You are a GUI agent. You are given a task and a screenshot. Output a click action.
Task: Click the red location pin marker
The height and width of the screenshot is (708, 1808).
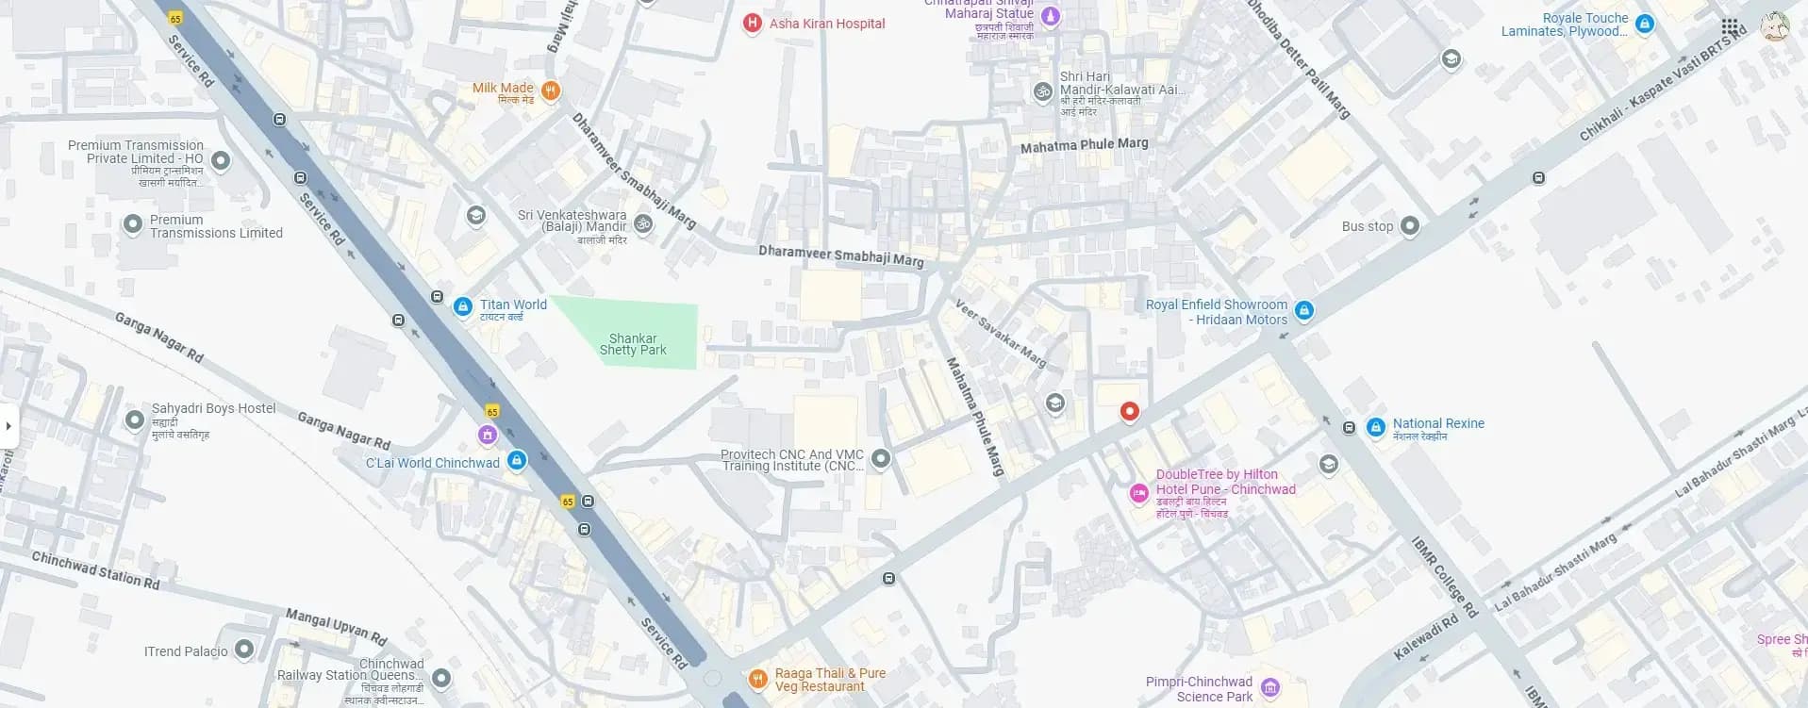click(x=1129, y=411)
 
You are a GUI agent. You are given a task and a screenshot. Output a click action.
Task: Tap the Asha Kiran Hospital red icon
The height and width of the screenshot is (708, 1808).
click(x=752, y=24)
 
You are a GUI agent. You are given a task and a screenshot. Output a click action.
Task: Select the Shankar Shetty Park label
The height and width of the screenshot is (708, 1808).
click(x=633, y=344)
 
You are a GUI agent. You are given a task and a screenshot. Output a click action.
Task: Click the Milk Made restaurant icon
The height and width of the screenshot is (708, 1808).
click(x=552, y=91)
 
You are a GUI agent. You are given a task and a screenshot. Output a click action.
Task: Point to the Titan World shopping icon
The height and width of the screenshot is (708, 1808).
click(x=463, y=306)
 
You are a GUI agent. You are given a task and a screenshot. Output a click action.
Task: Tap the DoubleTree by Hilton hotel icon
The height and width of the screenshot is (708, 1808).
click(x=1139, y=492)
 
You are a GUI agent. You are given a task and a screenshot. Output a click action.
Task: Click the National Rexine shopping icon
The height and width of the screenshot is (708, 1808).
click(x=1376, y=427)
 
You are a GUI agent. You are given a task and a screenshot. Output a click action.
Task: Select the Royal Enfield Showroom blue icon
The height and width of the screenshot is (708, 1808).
click(x=1304, y=309)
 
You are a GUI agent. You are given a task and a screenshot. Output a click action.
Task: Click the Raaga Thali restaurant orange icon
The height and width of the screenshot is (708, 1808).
click(x=757, y=679)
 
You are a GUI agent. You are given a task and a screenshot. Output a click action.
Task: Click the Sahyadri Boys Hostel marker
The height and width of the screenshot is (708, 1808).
click(x=135, y=420)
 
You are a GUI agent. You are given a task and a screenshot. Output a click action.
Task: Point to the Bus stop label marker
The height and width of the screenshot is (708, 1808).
click(x=1410, y=225)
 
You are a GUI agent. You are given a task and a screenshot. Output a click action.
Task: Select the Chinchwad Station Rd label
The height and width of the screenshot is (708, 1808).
click(x=95, y=570)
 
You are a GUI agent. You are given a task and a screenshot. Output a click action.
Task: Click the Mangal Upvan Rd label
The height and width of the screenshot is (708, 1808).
click(x=337, y=626)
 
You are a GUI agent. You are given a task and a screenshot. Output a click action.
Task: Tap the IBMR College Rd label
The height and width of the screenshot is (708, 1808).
click(x=1444, y=577)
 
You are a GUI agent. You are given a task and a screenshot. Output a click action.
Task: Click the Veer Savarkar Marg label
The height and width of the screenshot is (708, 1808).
click(x=1001, y=334)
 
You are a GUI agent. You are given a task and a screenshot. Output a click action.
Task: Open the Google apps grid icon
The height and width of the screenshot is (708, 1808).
click(x=1730, y=26)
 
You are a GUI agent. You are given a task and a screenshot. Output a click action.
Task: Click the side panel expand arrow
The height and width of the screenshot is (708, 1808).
click(x=8, y=426)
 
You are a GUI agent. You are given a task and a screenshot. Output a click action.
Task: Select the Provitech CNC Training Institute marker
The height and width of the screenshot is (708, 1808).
click(x=881, y=459)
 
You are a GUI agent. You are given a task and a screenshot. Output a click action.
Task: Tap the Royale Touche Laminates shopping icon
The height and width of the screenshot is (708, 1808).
click(x=1645, y=25)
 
